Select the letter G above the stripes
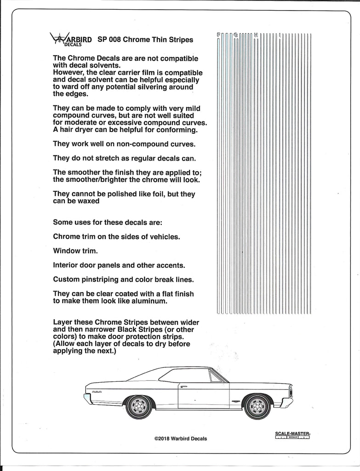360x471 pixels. click(236, 34)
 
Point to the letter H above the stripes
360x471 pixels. click(256, 34)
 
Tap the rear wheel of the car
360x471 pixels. click(138, 406)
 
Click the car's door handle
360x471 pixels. click(184, 386)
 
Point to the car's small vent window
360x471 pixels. click(215, 376)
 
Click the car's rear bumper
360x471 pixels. click(87, 398)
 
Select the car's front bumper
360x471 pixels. click(287, 402)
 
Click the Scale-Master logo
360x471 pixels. click(292, 435)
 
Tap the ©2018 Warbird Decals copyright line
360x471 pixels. click(181, 438)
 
